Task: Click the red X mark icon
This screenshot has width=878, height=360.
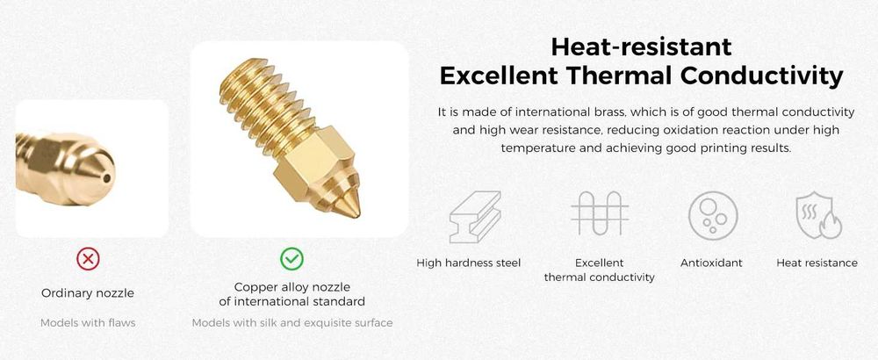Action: [x=88, y=259]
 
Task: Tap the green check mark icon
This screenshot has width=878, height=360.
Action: [x=291, y=259]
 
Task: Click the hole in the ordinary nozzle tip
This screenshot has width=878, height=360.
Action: [x=106, y=178]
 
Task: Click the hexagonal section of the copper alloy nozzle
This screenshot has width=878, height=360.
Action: [x=316, y=162]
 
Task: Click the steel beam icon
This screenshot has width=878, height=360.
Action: [x=475, y=217]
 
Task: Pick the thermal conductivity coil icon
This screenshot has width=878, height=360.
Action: [x=600, y=213]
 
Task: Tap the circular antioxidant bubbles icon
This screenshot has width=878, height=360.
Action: [x=713, y=215]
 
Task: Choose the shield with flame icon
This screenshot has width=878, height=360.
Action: [x=817, y=215]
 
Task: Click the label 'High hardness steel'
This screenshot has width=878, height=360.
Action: [x=469, y=263]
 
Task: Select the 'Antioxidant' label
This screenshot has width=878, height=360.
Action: [x=711, y=263]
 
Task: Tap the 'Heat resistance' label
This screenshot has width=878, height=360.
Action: [x=817, y=263]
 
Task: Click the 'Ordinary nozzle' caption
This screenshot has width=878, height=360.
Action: [x=88, y=293]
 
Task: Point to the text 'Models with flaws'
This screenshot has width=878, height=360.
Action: [x=88, y=322]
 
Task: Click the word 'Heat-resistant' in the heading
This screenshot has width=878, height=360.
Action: [x=641, y=47]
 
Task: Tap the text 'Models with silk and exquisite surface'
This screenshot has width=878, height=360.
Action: [x=292, y=323]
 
